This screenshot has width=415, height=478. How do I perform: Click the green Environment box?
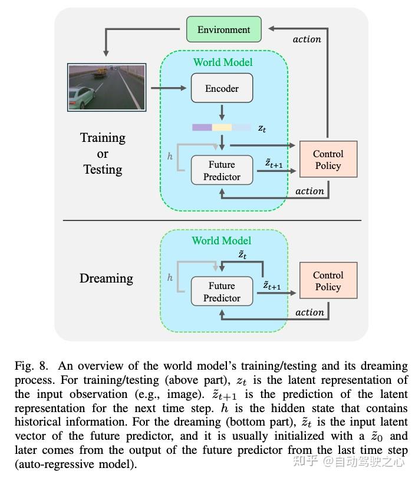pyautogui.click(x=223, y=29)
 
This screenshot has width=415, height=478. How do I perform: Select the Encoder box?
pyautogui.click(x=222, y=88)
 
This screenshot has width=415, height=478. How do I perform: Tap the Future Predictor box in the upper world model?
pyautogui.click(x=222, y=171)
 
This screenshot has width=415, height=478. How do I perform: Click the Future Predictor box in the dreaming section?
pyautogui.click(x=222, y=292)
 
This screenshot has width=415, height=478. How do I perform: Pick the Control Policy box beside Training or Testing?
pyautogui.click(x=328, y=160)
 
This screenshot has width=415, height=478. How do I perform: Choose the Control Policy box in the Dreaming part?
pyautogui.click(x=328, y=281)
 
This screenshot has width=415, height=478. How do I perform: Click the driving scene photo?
pyautogui.click(x=107, y=88)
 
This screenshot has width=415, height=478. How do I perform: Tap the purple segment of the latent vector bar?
pyautogui.click(x=202, y=127)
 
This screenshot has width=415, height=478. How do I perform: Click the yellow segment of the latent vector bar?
pyautogui.click(x=222, y=127)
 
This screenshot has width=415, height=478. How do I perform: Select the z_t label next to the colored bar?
pyautogui.click(x=262, y=128)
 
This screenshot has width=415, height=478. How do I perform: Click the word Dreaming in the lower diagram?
pyautogui.click(x=106, y=278)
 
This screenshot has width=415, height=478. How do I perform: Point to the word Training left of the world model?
pyautogui.click(x=103, y=138)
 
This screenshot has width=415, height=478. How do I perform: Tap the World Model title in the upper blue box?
pyautogui.click(x=223, y=62)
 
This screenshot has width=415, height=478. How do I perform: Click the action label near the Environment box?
pyautogui.click(x=307, y=39)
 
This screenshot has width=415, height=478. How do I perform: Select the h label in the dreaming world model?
pyautogui.click(x=170, y=277)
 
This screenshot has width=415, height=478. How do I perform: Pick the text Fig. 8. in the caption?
pyautogui.click(x=32, y=366)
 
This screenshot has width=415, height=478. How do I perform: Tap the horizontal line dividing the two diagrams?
pyautogui.click(x=212, y=220)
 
